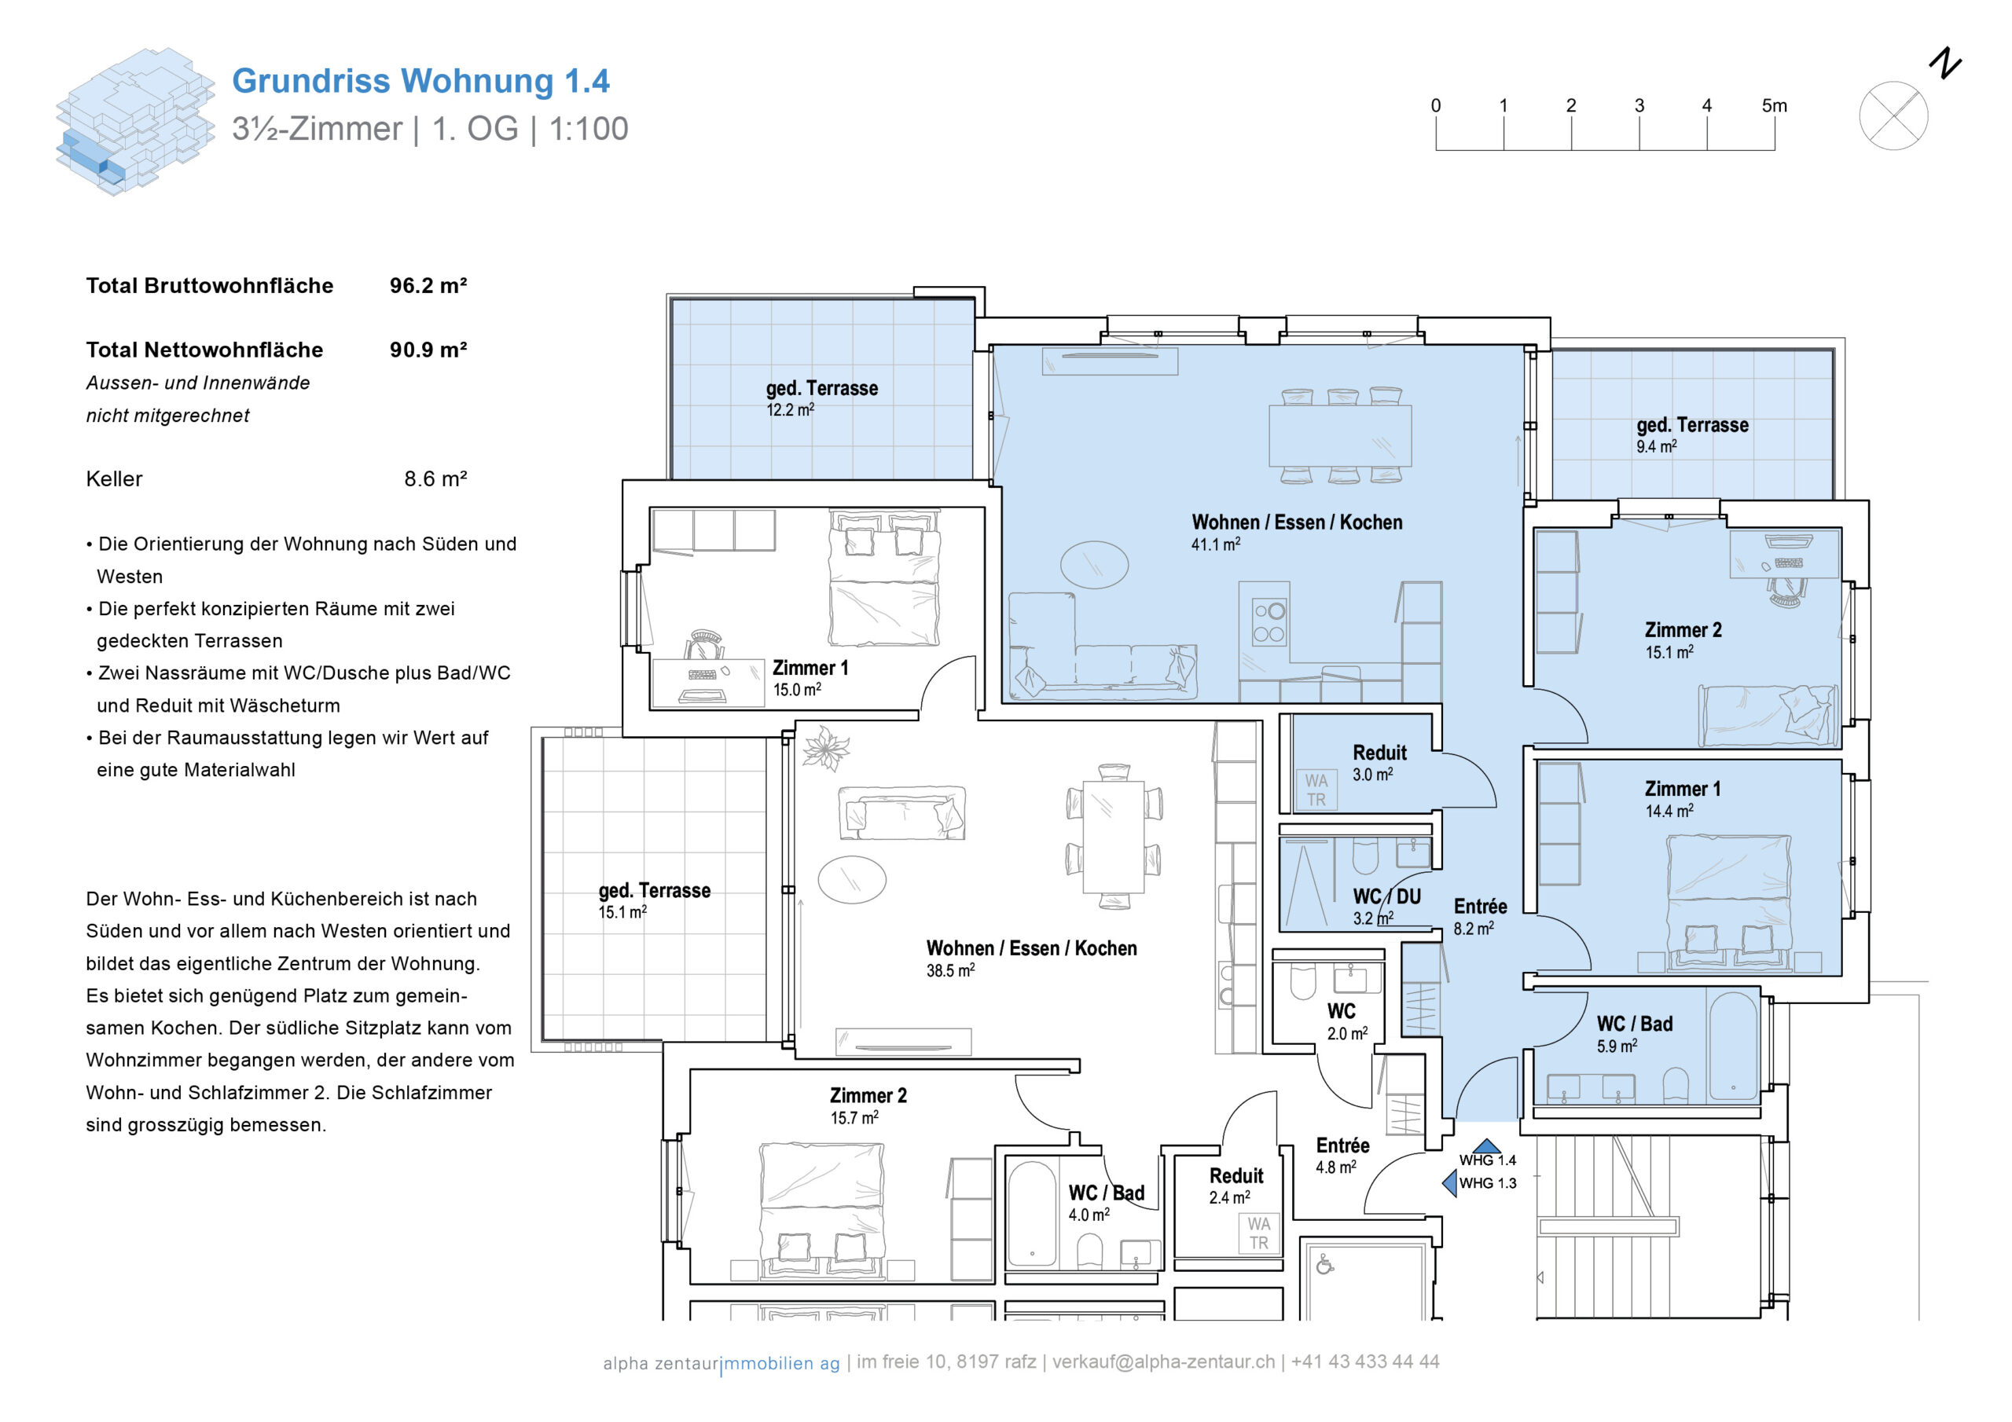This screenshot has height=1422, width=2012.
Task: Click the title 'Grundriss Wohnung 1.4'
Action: click(420, 81)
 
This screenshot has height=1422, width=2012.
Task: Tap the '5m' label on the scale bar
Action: click(1774, 106)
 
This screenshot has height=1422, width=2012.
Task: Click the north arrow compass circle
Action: click(1893, 115)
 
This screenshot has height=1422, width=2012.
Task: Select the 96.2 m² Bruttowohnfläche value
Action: click(428, 286)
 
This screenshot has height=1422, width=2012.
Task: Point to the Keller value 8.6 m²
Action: click(435, 479)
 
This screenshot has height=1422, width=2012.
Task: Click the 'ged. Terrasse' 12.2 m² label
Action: click(821, 389)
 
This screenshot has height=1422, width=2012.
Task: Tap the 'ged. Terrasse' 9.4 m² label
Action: click(1691, 426)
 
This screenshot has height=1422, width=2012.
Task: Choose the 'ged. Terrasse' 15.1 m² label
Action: click(654, 891)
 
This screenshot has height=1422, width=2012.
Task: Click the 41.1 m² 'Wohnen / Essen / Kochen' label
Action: click(1296, 523)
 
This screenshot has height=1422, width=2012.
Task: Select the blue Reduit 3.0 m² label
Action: click(1379, 753)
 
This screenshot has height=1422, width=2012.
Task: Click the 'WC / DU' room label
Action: click(1386, 897)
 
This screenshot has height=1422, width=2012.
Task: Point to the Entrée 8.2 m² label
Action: click(1480, 907)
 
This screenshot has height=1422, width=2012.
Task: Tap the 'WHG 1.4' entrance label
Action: click(1487, 1161)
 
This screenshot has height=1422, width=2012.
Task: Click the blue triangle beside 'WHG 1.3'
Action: click(1449, 1184)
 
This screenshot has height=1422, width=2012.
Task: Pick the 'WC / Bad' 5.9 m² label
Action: click(1634, 1024)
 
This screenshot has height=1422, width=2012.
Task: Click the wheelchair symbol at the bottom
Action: click(1324, 1264)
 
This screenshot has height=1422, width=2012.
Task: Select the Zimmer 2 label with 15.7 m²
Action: click(868, 1096)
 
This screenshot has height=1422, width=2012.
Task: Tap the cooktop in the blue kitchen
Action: click(1269, 622)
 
